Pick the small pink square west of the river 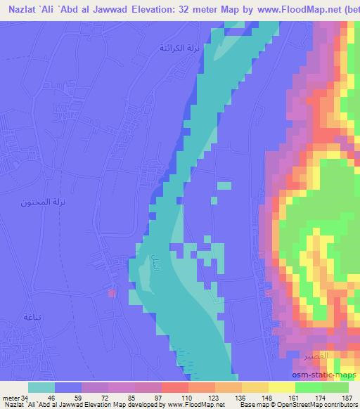coord(111,292)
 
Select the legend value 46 coord(51,398)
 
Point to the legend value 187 coord(346,398)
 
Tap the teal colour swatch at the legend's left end coord(41,387)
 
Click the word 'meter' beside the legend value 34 coord(11,398)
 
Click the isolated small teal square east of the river coord(224,186)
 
